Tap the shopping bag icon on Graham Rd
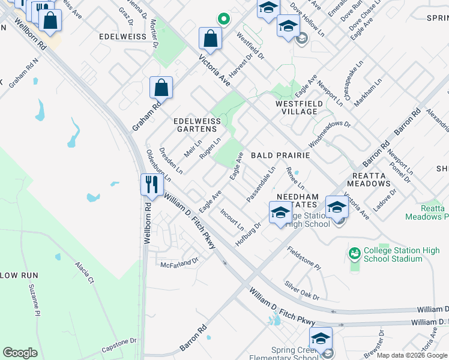[161, 88]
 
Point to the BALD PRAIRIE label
[280, 155]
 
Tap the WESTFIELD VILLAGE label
[296, 107]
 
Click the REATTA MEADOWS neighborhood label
[369, 179]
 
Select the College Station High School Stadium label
[393, 254]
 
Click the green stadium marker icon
[355, 254]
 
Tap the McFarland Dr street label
[179, 262]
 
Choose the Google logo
[20, 353]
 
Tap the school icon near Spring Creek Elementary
[321, 338]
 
